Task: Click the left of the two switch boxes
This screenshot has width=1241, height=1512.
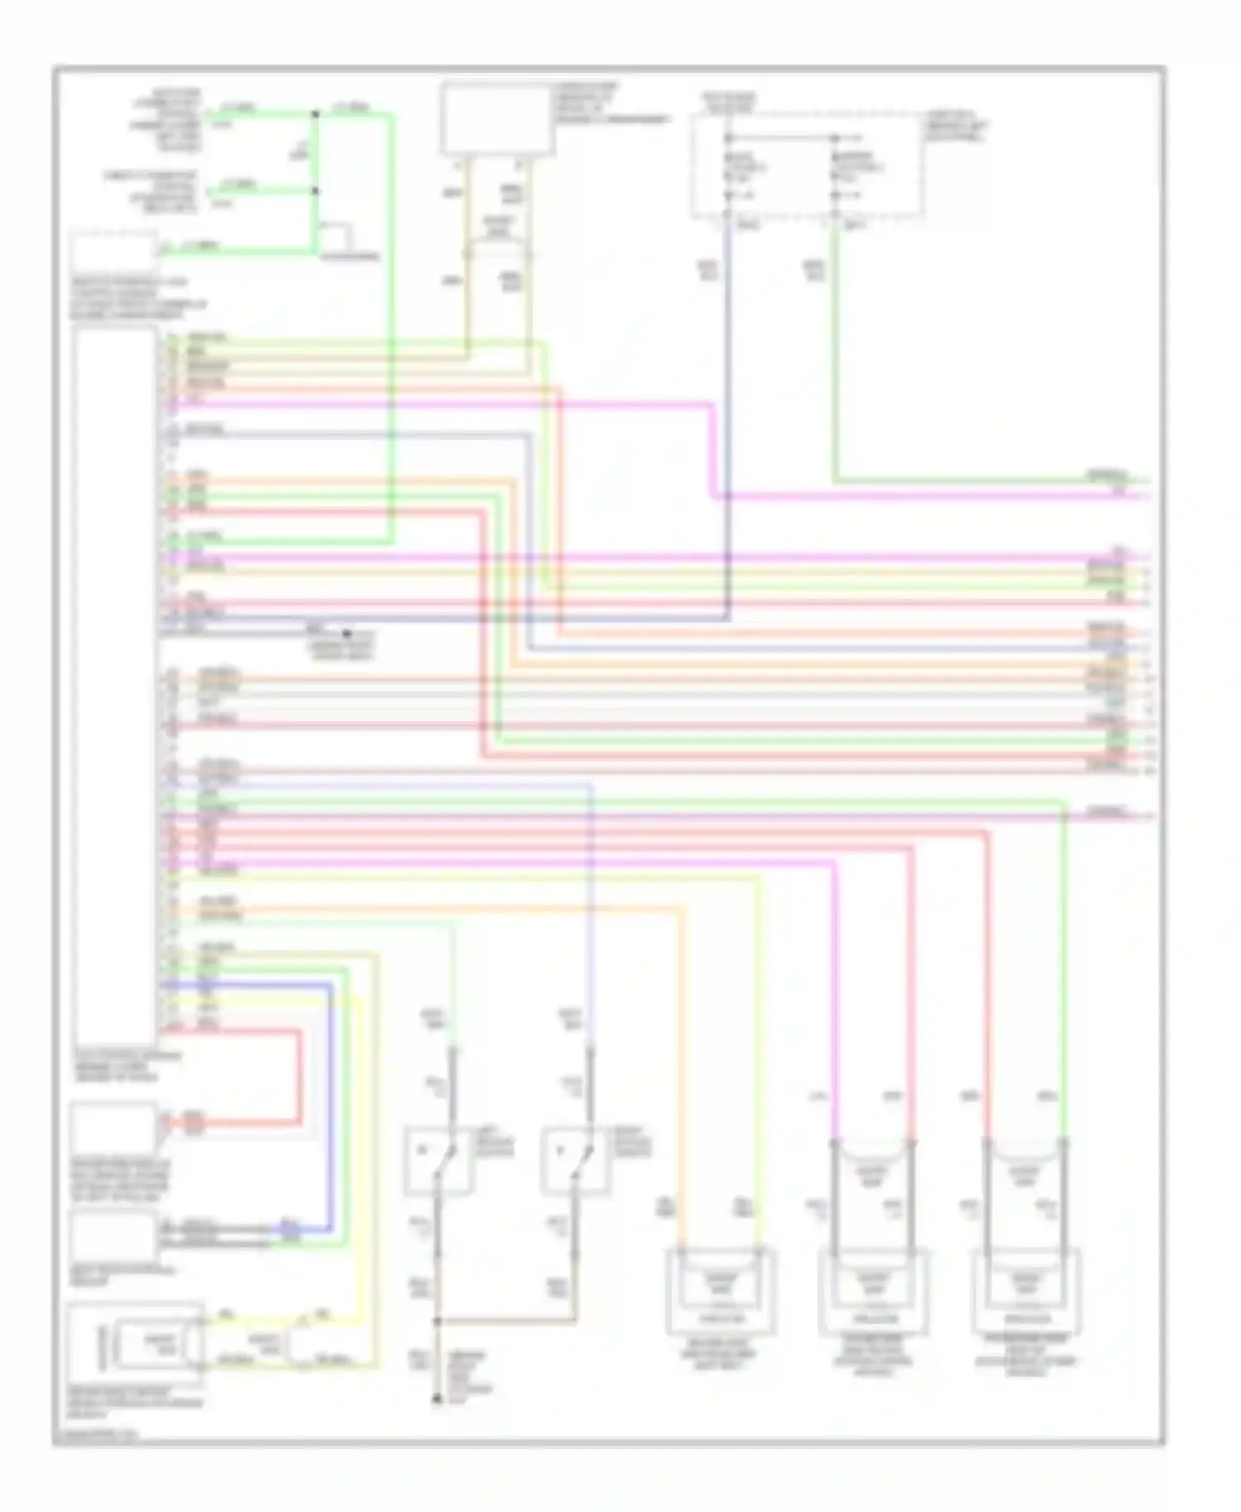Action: pyautogui.click(x=438, y=1161)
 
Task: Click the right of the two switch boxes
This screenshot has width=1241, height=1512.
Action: pyautogui.click(x=577, y=1161)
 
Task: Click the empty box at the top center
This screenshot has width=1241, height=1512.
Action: pyautogui.click(x=496, y=118)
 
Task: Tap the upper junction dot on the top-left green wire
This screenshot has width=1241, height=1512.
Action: pyautogui.click(x=314, y=113)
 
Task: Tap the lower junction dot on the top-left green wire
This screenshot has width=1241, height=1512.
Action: pyautogui.click(x=314, y=191)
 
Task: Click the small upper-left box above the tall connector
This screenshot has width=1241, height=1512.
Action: pyautogui.click(x=113, y=253)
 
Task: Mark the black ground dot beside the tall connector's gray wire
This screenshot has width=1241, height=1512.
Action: pyautogui.click(x=347, y=634)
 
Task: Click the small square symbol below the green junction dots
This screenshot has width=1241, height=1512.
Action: pyautogui.click(x=337, y=237)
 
